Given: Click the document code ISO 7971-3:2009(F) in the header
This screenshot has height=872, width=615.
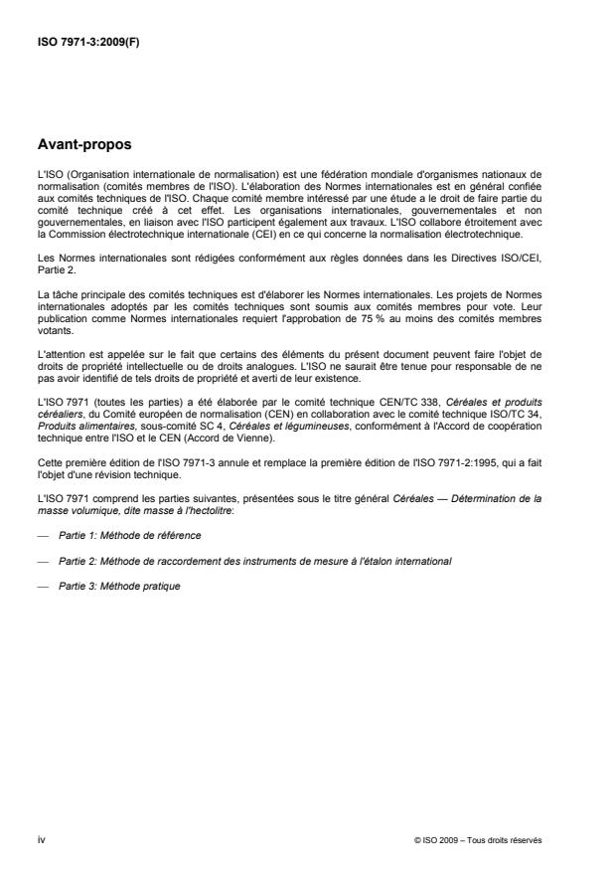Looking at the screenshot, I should click(x=87, y=43).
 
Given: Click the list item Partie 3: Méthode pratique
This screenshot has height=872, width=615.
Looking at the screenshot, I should click(x=118, y=587).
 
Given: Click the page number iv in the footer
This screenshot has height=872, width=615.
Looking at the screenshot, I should click(x=41, y=840).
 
